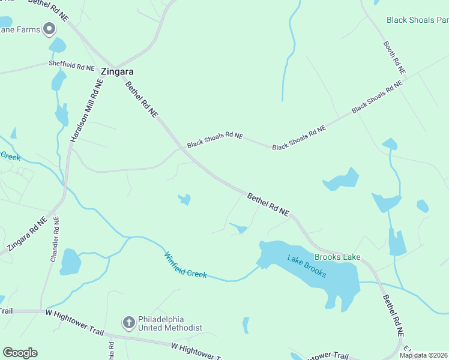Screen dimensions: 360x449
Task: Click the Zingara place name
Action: (x=117, y=71)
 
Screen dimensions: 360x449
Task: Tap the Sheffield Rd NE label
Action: (x=72, y=65)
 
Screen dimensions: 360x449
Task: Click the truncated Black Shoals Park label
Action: (x=417, y=20)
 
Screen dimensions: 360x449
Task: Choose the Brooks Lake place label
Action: (x=337, y=257)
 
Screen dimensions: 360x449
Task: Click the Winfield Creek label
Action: (x=185, y=265)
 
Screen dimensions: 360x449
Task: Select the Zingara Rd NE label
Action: (x=26, y=235)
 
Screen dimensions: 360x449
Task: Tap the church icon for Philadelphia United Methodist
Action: (x=128, y=323)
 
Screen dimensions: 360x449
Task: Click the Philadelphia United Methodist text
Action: (x=170, y=323)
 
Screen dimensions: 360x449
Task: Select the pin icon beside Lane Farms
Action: (x=49, y=29)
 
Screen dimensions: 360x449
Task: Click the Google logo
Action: (x=20, y=353)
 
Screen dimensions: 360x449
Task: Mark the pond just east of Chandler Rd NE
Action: (x=70, y=262)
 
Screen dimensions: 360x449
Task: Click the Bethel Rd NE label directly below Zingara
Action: (x=141, y=99)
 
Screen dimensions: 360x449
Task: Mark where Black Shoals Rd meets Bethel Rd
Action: (x=182, y=148)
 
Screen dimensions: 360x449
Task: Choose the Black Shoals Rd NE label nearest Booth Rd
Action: (x=377, y=98)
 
